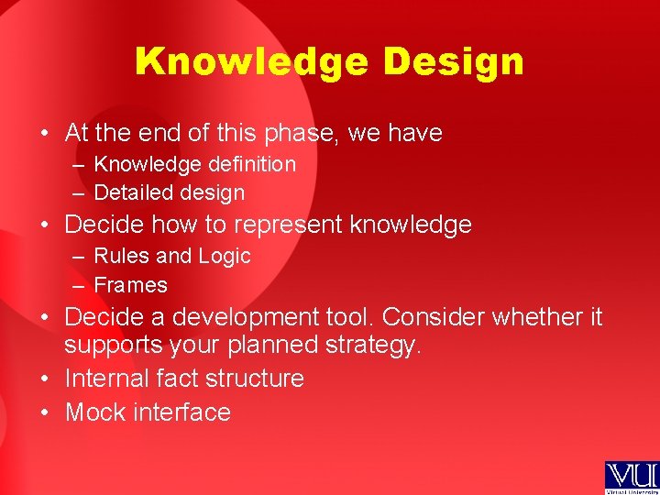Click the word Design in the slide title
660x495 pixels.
[x=454, y=62]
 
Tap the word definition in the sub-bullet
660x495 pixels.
[x=246, y=165]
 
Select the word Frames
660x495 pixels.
[x=131, y=285]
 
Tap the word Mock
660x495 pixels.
[x=95, y=412]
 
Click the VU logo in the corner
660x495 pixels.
[x=631, y=478]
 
